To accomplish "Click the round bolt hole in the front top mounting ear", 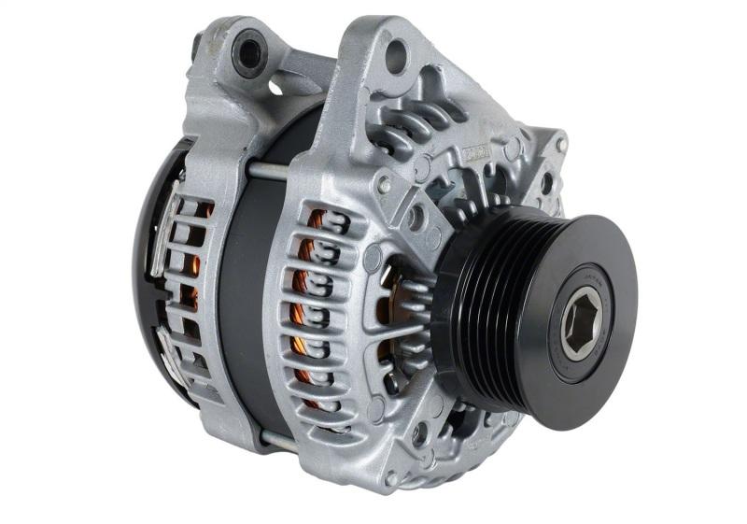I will tap(397, 57).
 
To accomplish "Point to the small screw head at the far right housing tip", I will tap(561, 145).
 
